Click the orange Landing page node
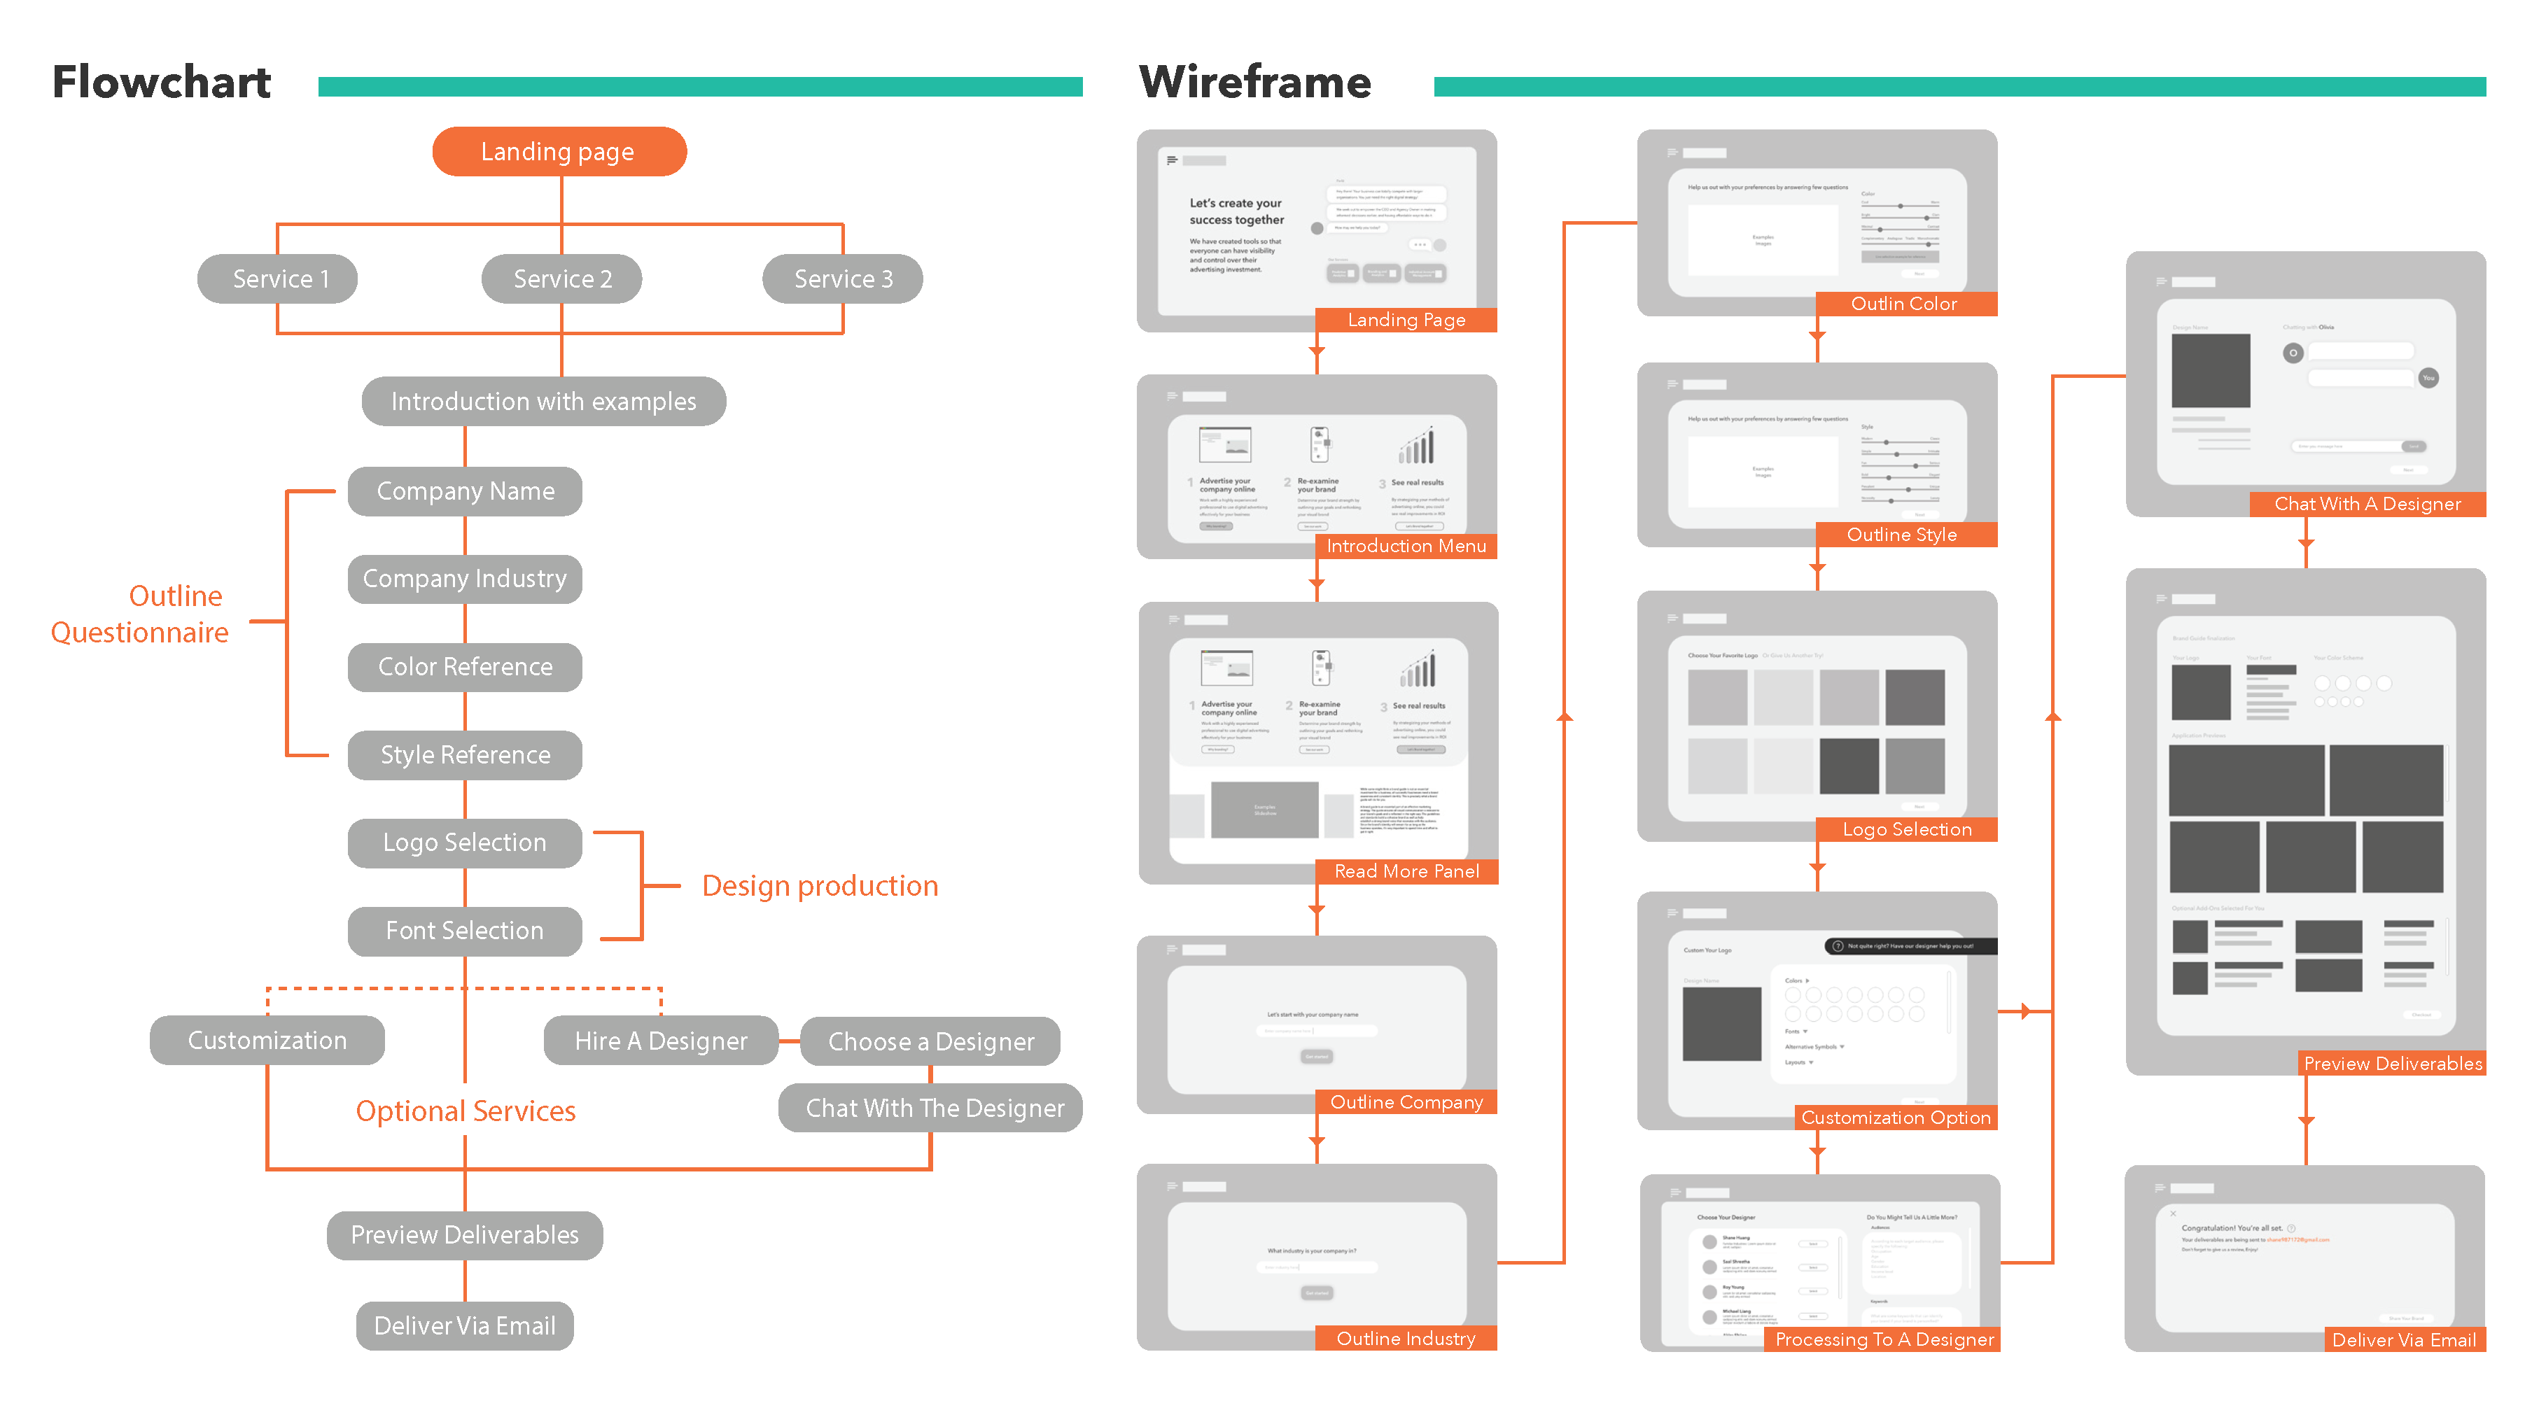click(x=559, y=151)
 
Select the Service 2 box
click(x=561, y=279)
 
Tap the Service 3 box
click(x=842, y=279)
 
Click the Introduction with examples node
click(x=544, y=401)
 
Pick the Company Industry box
click(x=465, y=578)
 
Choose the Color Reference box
click(x=465, y=667)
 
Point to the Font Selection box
click(x=465, y=931)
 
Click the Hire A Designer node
click(x=660, y=1041)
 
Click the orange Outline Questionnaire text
click(x=140, y=614)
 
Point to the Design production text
click(x=819, y=885)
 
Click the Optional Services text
click(x=466, y=1111)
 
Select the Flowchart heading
click(x=161, y=82)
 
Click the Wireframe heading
click(x=1254, y=82)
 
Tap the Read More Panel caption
click(x=1406, y=871)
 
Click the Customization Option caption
click(x=1895, y=1118)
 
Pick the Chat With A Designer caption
click(x=2366, y=504)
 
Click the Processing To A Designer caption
click(x=1884, y=1339)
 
